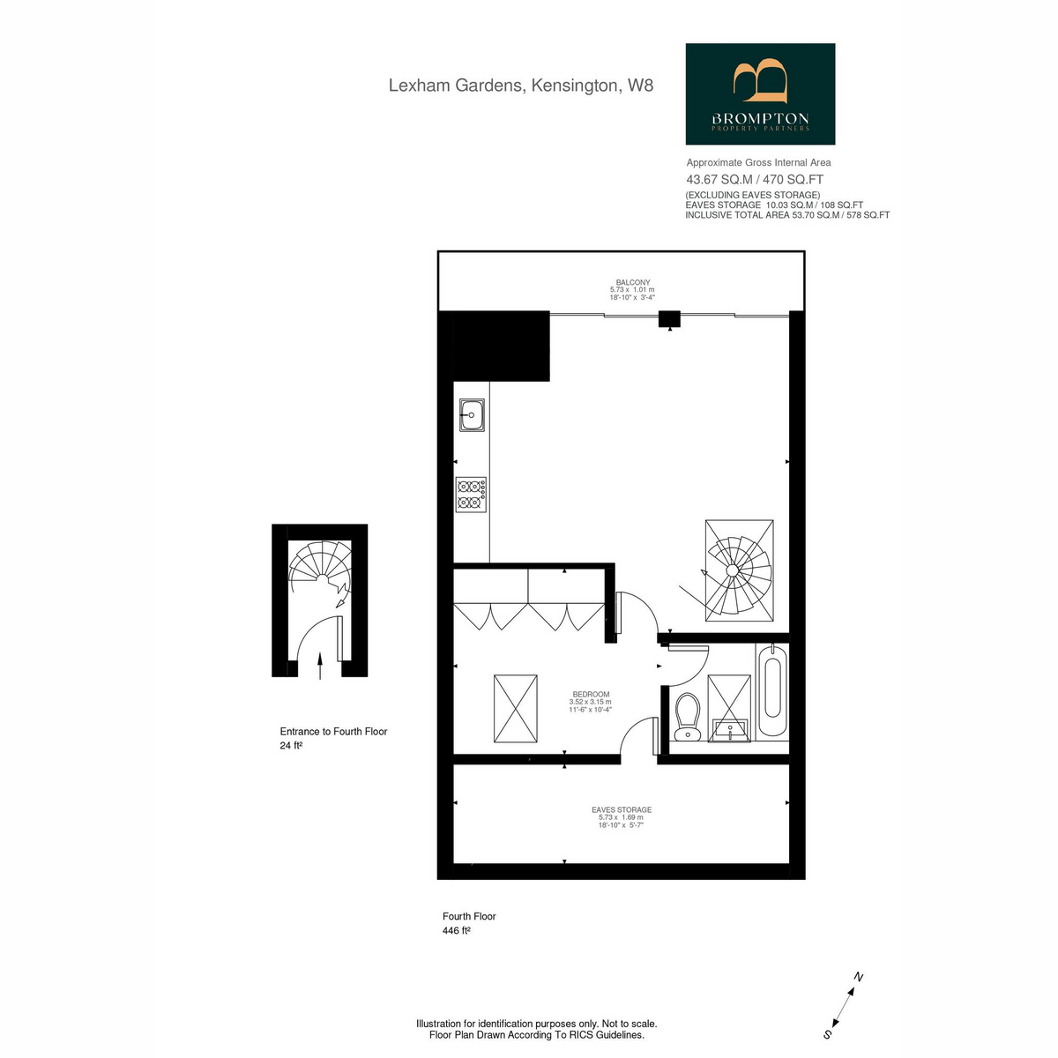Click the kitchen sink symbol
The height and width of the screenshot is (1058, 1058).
click(472, 415)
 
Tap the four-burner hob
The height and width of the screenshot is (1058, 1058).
click(471, 494)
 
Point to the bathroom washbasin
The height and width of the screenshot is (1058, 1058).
click(729, 730)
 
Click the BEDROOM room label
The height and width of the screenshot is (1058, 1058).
click(591, 694)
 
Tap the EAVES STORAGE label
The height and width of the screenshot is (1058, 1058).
click(622, 809)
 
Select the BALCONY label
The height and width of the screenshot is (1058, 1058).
click(632, 282)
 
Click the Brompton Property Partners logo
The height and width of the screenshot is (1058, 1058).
click(760, 93)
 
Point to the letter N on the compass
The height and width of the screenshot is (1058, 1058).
click(859, 978)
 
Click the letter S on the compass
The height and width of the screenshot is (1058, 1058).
click(827, 1034)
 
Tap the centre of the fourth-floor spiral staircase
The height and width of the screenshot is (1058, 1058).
click(732, 571)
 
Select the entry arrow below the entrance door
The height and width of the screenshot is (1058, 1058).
click(321, 666)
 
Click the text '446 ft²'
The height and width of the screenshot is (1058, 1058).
click(457, 931)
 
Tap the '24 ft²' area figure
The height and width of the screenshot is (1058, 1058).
click(291, 746)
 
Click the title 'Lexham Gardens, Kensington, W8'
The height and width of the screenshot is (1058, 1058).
click(520, 86)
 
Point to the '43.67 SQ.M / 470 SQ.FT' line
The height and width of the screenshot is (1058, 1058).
click(755, 180)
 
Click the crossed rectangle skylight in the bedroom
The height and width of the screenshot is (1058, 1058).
click(515, 708)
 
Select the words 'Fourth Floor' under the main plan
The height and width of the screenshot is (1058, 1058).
click(469, 916)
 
